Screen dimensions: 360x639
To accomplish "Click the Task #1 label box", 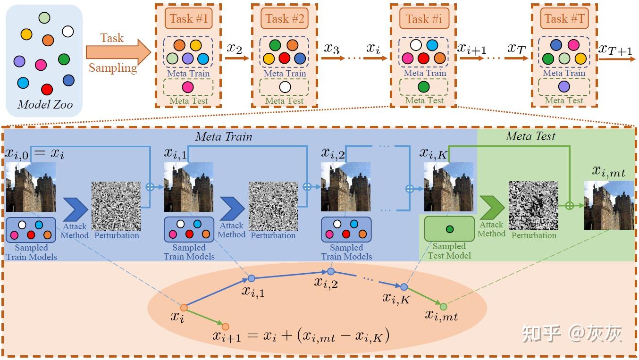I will coord(188,18).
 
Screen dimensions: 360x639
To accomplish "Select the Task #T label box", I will coord(564,18).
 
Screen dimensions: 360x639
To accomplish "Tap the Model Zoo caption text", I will coord(45,104).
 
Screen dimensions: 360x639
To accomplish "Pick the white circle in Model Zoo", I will coord(68,32).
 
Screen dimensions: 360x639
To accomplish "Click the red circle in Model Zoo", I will coord(47,89).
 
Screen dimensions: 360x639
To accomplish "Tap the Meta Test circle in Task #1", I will coord(188,87).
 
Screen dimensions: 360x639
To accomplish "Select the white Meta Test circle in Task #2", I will coord(284,87).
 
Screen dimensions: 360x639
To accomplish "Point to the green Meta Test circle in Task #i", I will coord(423,87).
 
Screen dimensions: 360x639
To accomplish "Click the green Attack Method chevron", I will coord(492,207).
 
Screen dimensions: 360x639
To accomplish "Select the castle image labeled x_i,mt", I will coord(609,205).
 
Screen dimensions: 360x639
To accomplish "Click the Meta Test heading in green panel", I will coord(530,137).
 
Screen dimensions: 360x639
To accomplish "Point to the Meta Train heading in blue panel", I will coord(223,137).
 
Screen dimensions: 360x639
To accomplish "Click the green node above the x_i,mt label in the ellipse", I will coord(443,307).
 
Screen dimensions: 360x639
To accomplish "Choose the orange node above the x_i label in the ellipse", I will coord(184,308).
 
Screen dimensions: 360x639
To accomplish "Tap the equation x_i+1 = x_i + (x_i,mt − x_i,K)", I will coord(301,335).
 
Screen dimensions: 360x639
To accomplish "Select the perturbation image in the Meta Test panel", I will coord(533,206).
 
